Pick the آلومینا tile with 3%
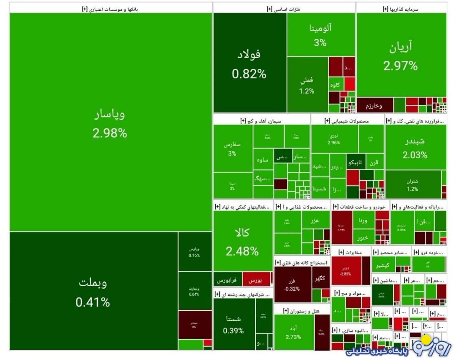coord(320,35)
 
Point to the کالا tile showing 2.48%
coord(242,241)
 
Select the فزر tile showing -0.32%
coord(292,285)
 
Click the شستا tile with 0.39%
coord(233,324)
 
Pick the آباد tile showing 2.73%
coord(293,332)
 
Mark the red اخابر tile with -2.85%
coord(346,271)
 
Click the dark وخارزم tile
coord(374,106)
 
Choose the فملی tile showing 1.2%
coord(307,85)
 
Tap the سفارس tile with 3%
coord(232,148)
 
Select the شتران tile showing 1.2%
coord(412,185)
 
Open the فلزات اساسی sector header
coord(284,9)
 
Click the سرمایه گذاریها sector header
coord(401,9)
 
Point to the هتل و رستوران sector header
coord(302,311)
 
